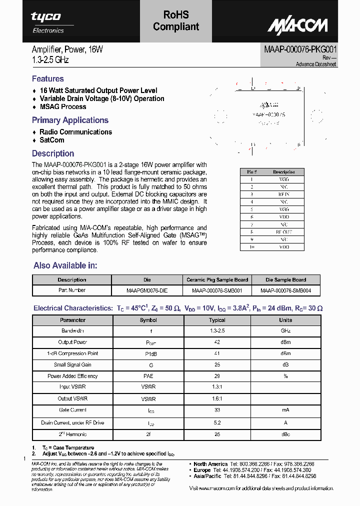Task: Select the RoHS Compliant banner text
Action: pos(176,21)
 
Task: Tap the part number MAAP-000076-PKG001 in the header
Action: pos(300,50)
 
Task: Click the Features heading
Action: pos(47,78)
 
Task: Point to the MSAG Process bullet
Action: pos(62,106)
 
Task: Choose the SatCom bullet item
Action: pos(52,140)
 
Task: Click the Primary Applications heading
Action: pos(70,120)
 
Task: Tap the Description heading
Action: pos(53,153)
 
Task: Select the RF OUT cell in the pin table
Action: pos(284,232)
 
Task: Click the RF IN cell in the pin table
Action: pos(284,194)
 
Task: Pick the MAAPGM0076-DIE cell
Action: pos(147,290)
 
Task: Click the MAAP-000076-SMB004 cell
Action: pos(285,290)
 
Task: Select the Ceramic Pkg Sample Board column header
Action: pos(217,280)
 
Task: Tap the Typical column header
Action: pos(217,320)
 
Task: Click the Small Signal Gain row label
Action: pos(72,364)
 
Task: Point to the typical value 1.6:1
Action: pos(217,398)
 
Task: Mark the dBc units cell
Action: pos(285,434)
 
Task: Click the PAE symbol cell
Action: pos(148,376)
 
